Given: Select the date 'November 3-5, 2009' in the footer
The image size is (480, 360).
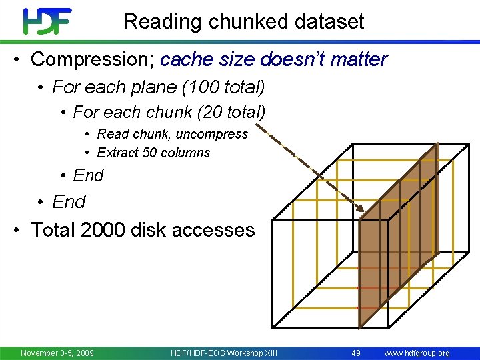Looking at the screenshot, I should coord(57,353).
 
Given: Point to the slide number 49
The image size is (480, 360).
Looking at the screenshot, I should coord(356,353).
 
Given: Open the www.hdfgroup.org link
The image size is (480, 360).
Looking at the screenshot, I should coord(417,353).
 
